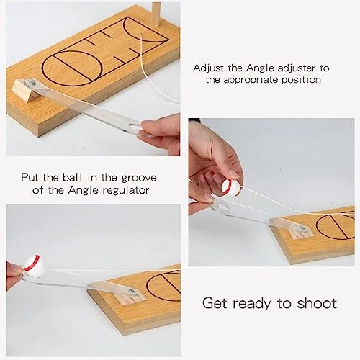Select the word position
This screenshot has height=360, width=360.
[x=301, y=79]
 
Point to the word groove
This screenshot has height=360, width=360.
[x=139, y=178]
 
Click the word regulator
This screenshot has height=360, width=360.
[x=126, y=190]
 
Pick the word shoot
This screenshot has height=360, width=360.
[x=317, y=303]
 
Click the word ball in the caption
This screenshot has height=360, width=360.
[x=73, y=177]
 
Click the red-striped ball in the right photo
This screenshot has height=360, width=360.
[x=230, y=187]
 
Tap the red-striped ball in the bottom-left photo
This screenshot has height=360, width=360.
[x=35, y=265]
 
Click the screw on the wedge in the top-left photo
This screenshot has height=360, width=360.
[x=33, y=83]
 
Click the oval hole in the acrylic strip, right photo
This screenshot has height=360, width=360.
[x=222, y=206]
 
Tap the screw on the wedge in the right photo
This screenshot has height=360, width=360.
[x=301, y=228]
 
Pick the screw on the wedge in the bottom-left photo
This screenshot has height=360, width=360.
[x=132, y=291]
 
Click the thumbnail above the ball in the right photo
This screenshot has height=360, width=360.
[x=233, y=174]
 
